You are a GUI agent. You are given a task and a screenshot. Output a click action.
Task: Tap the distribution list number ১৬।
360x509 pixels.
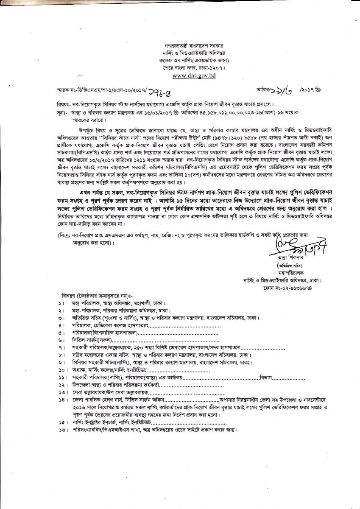click(62, 430)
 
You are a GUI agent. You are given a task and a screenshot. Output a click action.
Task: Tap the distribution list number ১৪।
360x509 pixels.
click(62, 400)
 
